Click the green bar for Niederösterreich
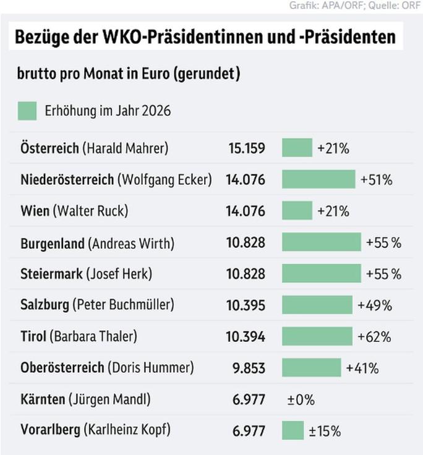pyautogui.click(x=318, y=179)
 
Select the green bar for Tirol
pyautogui.click(x=317, y=336)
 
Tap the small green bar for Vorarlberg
pyautogui.click(x=293, y=430)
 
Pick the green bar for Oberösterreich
pyautogui.click(x=311, y=368)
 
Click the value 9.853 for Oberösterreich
pyautogui.click(x=248, y=368)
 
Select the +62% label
pyautogui.click(x=375, y=337)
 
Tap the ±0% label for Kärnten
pyautogui.click(x=301, y=399)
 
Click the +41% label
pyautogui.click(x=362, y=368)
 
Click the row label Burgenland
pyautogui.click(x=52, y=243)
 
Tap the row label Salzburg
pyautogui.click(x=44, y=305)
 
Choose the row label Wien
pyautogui.click(x=34, y=211)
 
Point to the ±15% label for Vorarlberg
pyautogui.click(x=325, y=431)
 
